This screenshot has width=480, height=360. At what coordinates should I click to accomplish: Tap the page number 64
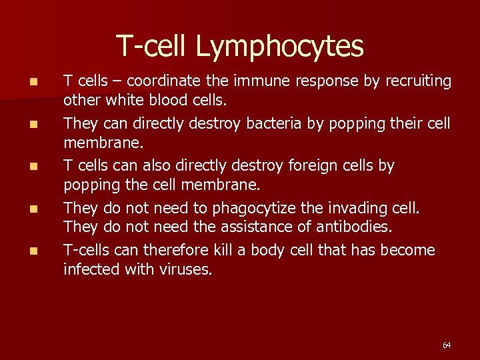447,345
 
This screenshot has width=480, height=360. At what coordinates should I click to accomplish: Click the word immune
253,81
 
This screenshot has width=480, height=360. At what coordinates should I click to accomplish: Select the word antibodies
355,227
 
